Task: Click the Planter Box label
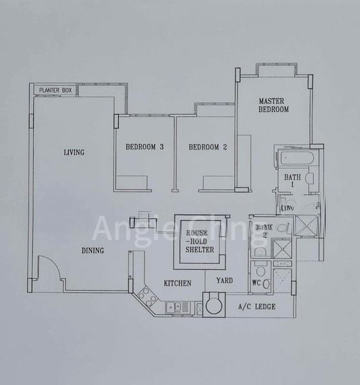coord(55,90)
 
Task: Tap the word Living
coord(74,152)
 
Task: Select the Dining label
coord(92,251)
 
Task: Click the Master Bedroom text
coord(274,105)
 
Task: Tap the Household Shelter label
coord(200,241)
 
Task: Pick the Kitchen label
coord(177,283)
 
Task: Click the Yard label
coord(225,280)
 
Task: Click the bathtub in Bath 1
coord(295,158)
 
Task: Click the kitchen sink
coord(175,307)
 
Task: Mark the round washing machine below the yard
coord(213,304)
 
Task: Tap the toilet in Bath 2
coord(260,265)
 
